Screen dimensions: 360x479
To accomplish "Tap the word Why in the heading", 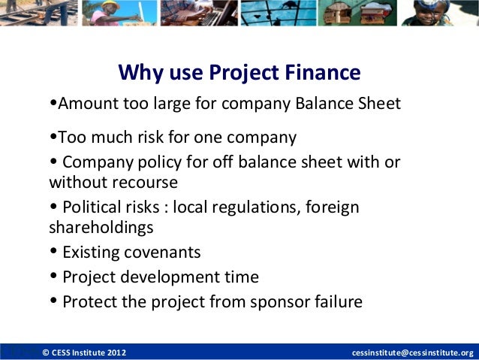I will [137, 73].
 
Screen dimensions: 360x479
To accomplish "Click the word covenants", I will [164, 253].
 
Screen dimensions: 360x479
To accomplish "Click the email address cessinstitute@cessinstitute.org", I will [413, 352].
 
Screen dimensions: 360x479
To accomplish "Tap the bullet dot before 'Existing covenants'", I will [53, 253].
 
